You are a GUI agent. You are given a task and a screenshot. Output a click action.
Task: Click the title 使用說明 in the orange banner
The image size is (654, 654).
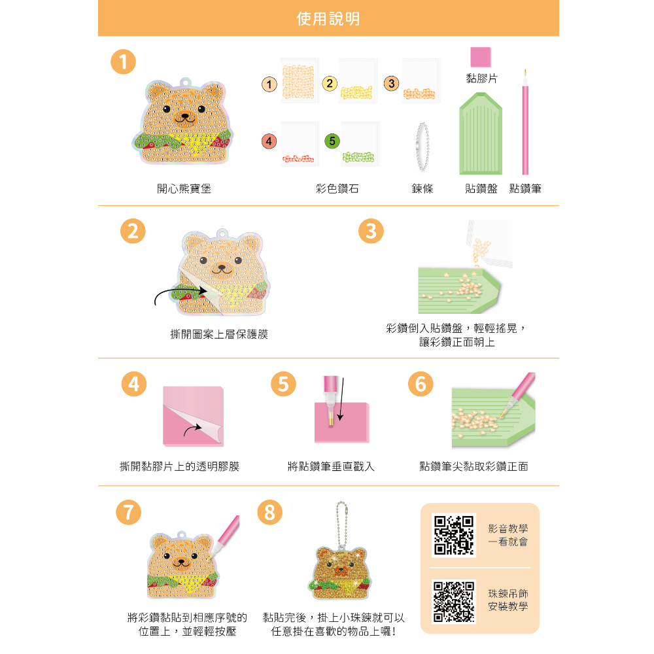[x=328, y=19]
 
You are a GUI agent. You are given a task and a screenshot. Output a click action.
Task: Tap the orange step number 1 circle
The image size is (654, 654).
[x=123, y=61]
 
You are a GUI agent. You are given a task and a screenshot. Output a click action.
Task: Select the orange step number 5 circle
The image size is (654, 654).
[x=283, y=384]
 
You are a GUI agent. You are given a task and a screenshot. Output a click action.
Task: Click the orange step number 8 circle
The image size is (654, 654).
[x=270, y=512]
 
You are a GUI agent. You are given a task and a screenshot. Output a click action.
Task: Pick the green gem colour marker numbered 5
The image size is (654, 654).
[x=332, y=141]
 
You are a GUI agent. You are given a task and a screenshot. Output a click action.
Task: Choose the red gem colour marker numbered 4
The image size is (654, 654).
[x=269, y=141]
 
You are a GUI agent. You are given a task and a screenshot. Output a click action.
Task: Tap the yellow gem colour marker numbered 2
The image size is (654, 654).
[x=330, y=84]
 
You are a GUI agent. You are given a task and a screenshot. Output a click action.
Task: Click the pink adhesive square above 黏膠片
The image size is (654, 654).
[x=481, y=57]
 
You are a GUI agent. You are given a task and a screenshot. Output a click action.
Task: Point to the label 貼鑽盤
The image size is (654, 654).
[x=481, y=188]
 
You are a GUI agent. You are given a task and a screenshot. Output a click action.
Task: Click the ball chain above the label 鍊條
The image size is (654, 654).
[x=422, y=146]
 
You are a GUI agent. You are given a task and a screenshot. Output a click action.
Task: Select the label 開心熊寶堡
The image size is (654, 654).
[x=184, y=188]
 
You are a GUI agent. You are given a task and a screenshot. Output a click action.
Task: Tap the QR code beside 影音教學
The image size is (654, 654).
[x=454, y=535]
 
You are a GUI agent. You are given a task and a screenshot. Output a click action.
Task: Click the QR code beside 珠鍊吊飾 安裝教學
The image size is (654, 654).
[x=454, y=602]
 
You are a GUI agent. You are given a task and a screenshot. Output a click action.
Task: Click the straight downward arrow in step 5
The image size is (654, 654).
[x=341, y=399]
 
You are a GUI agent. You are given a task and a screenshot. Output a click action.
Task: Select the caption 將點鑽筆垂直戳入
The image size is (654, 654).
[x=331, y=466]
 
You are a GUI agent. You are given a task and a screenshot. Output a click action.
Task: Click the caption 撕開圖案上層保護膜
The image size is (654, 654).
[x=219, y=334]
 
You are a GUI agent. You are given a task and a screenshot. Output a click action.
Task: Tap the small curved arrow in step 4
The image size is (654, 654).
[x=193, y=430]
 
